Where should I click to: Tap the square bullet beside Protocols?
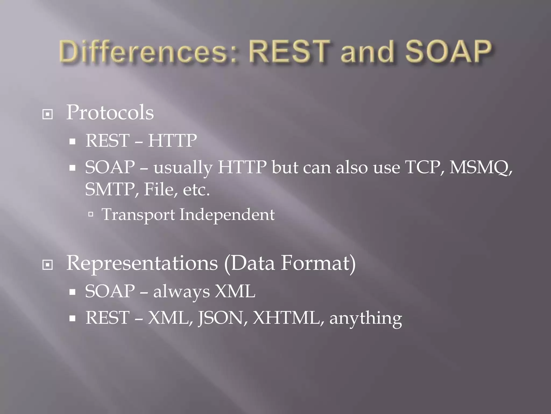(x=48, y=115)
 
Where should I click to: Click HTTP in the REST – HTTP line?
(x=172, y=141)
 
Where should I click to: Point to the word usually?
(x=183, y=168)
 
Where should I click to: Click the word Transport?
(x=138, y=215)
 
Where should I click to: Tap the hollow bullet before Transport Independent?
(x=91, y=215)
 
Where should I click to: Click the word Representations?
(x=142, y=264)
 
